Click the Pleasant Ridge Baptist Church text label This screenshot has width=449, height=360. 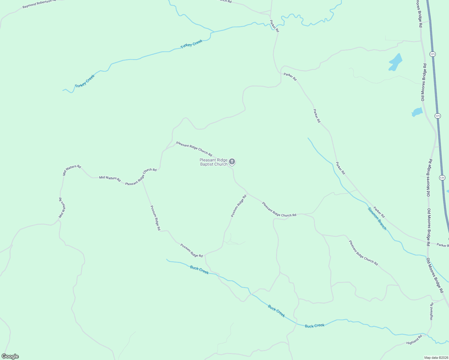pyautogui.click(x=214, y=162)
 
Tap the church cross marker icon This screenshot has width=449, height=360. pyautogui.click(x=232, y=162)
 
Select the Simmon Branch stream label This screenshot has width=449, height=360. pyautogui.click(x=377, y=218)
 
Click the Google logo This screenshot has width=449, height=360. pyautogui.click(x=10, y=356)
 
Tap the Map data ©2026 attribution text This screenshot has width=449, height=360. pyautogui.click(x=435, y=358)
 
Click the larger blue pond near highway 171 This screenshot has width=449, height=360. pyautogui.click(x=396, y=62)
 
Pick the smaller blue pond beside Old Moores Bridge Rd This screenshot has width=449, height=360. pyautogui.click(x=417, y=112)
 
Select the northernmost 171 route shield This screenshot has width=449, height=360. pyautogui.click(x=432, y=54)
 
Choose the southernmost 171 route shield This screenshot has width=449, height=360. pyautogui.click(x=442, y=178)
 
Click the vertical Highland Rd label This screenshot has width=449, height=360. pyautogui.click(x=431, y=311)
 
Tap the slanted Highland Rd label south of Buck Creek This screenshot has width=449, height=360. pyautogui.click(x=414, y=340)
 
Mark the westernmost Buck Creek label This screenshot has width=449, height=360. pyautogui.click(x=199, y=270)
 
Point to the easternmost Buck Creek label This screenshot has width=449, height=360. pyautogui.click(x=315, y=326)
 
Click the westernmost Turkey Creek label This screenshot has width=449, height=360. pyautogui.click(x=85, y=81)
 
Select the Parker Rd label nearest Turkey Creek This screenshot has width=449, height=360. pyautogui.click(x=274, y=26)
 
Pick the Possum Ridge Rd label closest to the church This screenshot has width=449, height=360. pyautogui.click(x=239, y=206)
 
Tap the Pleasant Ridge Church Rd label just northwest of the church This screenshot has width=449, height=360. pyautogui.click(x=194, y=149)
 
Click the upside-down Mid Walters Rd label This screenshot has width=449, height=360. pyautogui.click(x=62, y=208)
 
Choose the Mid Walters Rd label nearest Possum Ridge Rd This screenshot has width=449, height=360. pyautogui.click(x=110, y=179)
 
